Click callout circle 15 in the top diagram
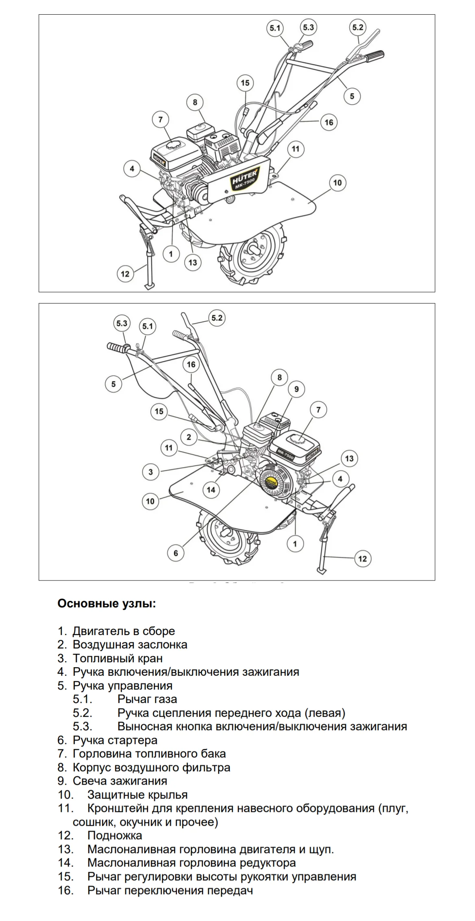245,83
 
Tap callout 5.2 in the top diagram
357,27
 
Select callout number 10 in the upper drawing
338,183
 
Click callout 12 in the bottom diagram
362,559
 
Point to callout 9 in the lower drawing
296,389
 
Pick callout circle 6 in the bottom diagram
176,553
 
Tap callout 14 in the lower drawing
211,490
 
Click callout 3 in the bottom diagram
151,472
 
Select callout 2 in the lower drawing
189,437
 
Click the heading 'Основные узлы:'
107,603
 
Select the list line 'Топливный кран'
118,658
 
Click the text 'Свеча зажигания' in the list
120,781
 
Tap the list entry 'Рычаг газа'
147,699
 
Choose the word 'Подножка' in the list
115,836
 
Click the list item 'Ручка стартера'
115,740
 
